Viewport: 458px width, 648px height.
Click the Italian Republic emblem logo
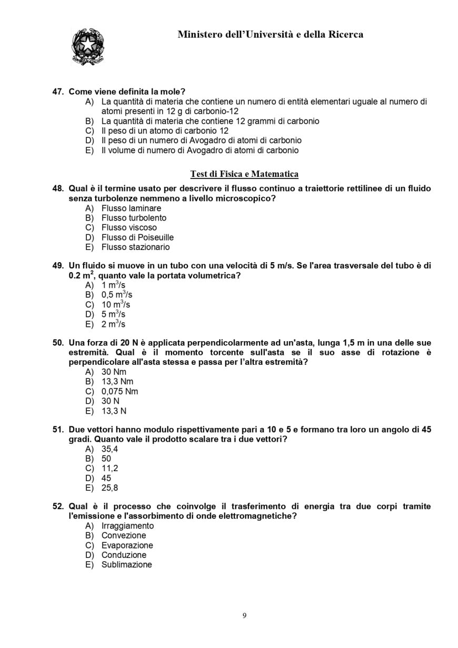[x=87, y=46]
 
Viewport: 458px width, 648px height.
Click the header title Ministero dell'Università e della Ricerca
[x=270, y=35]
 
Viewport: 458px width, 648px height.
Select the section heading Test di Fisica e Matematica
[x=244, y=174]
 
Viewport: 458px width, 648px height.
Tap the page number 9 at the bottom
[x=244, y=615]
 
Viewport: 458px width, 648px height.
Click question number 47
[x=58, y=92]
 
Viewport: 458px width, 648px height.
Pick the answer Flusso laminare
[x=131, y=208]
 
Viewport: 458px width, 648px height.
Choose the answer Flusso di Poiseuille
[x=137, y=237]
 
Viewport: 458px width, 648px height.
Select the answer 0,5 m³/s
[x=116, y=295]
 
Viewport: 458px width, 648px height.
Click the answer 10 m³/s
[x=115, y=305]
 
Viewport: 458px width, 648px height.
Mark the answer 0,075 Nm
[x=120, y=392]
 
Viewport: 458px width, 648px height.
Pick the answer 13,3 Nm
[x=117, y=382]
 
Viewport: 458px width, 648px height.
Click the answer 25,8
[x=109, y=488]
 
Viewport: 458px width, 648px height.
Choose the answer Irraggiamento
[x=127, y=526]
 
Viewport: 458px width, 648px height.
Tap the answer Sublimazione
[x=126, y=565]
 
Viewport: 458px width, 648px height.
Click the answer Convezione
[x=124, y=535]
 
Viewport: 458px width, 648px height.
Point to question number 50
[x=58, y=343]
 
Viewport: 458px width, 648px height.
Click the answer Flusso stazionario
[x=135, y=247]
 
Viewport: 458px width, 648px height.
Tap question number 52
[x=58, y=506]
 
